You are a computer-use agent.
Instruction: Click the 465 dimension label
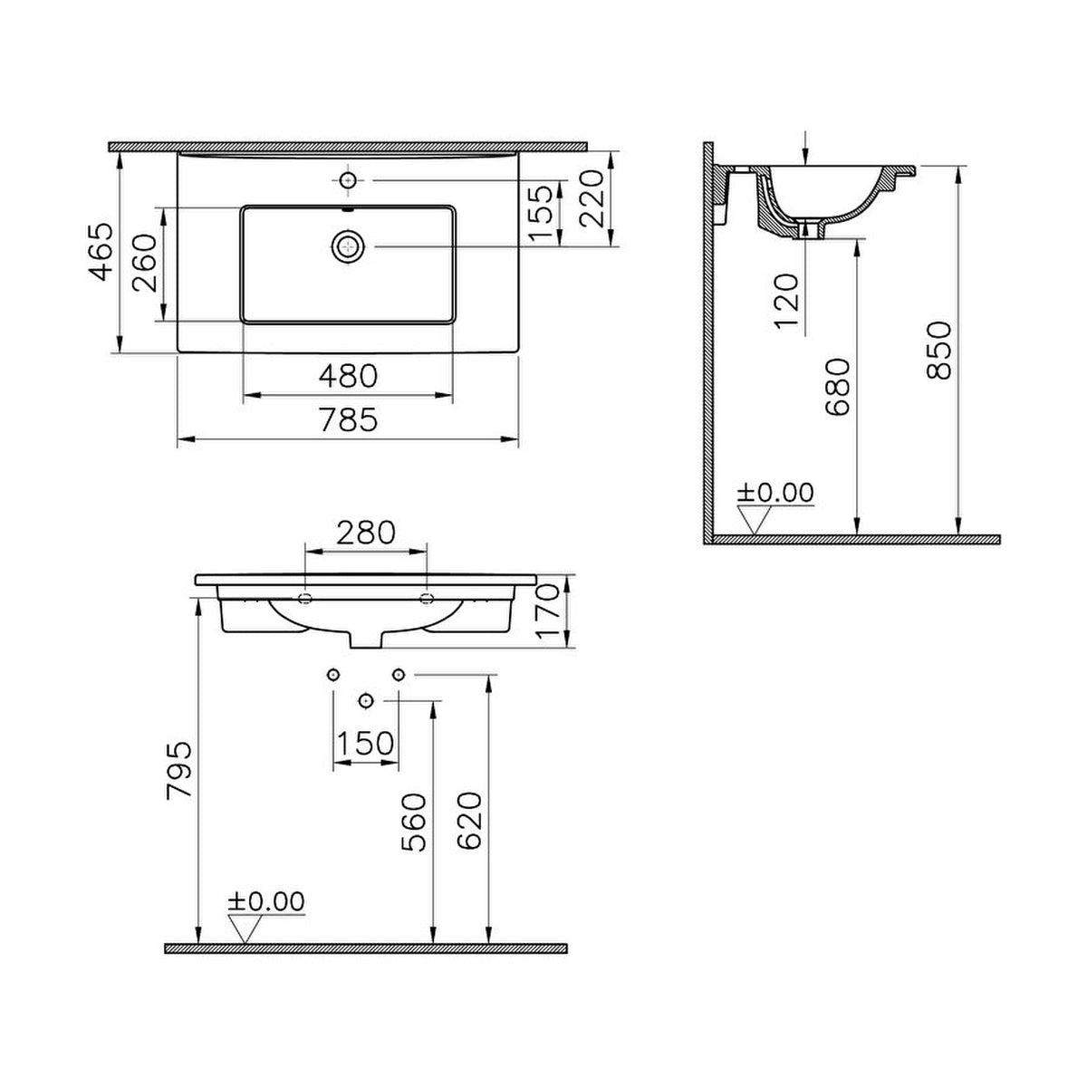(x=101, y=252)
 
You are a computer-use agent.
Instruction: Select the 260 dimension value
(x=145, y=263)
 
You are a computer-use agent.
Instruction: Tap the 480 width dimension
(x=348, y=376)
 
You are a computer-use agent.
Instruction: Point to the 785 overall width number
(x=348, y=419)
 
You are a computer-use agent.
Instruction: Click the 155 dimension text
(x=541, y=212)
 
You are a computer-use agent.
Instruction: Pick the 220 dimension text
(x=591, y=198)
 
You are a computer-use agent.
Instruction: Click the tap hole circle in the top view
(x=349, y=180)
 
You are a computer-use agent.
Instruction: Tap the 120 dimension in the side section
(x=786, y=301)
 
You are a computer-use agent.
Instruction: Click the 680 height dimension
(x=837, y=387)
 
